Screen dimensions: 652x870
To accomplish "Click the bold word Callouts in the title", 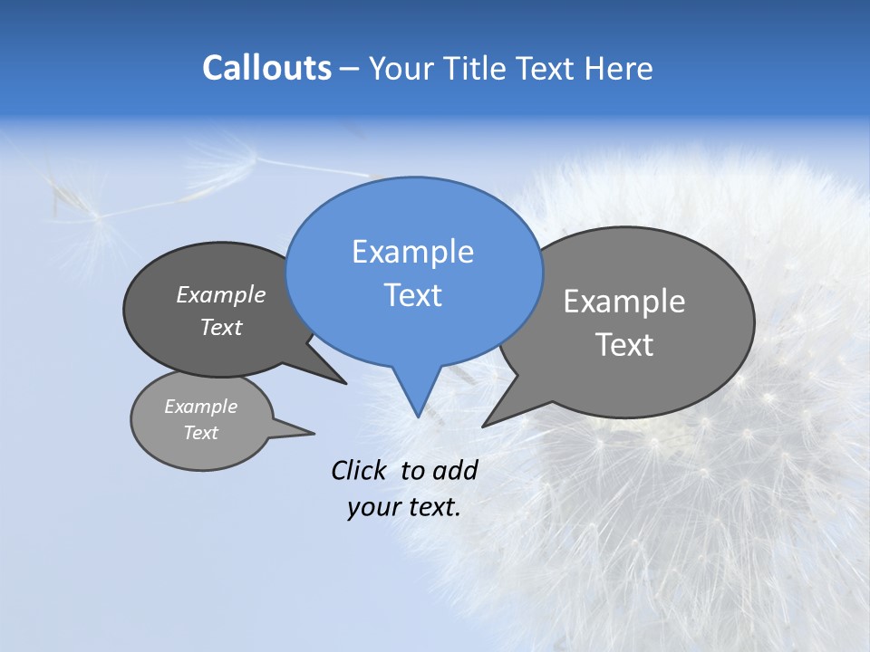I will pyautogui.click(x=266, y=68).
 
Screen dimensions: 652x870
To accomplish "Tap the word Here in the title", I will pyautogui.click(x=618, y=69).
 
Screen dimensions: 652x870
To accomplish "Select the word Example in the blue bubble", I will pyautogui.click(x=412, y=252).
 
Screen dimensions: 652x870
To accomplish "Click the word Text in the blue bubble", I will pyautogui.click(x=412, y=295).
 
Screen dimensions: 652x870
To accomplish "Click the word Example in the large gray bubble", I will pyautogui.click(x=624, y=302).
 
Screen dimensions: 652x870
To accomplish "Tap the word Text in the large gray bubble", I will pyautogui.click(x=624, y=345).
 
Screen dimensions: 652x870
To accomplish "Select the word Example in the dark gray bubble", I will pyautogui.click(x=220, y=294).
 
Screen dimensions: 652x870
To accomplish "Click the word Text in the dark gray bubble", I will pyautogui.click(x=220, y=327).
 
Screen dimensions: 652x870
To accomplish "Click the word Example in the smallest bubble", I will pyautogui.click(x=200, y=407).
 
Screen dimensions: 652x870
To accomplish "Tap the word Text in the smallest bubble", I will pyautogui.click(x=200, y=433).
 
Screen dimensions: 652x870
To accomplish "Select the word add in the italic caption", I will pyautogui.click(x=454, y=470).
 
